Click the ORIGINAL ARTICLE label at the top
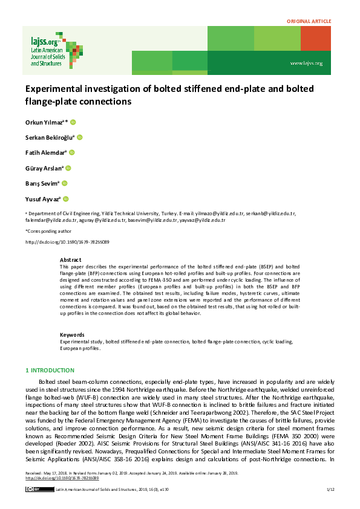[x=309, y=21]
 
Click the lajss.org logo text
[x=43, y=42]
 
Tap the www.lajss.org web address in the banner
[x=306, y=63]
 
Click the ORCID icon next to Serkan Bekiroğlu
[x=79, y=137]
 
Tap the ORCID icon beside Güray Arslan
[x=68, y=168]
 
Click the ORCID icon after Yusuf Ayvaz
[x=66, y=199]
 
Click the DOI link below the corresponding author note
[x=67, y=242]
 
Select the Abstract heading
[x=70, y=259]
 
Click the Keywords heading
[x=73, y=335]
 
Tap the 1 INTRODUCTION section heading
[x=50, y=370]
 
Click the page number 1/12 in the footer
[x=330, y=488]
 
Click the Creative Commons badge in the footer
[x=33, y=488]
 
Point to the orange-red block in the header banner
[x=316, y=39]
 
